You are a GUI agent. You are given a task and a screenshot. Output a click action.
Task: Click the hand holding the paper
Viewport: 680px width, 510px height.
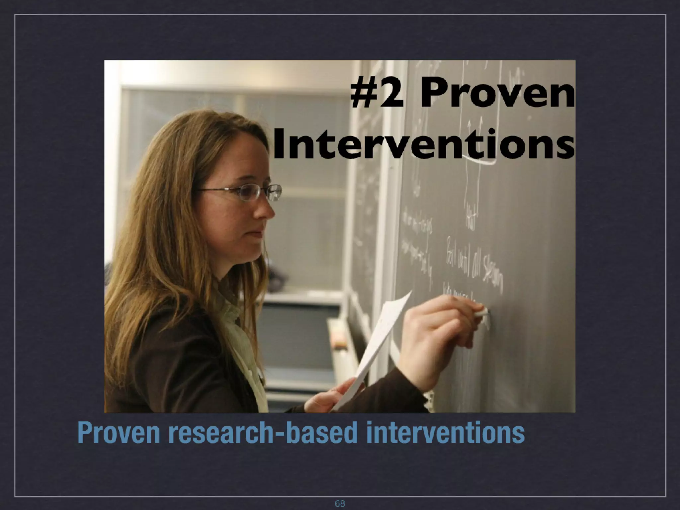click(x=332, y=397)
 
